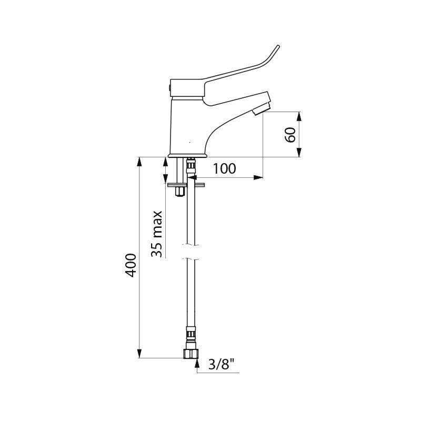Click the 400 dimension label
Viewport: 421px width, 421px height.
click(x=132, y=266)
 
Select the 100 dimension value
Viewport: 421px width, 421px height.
click(x=225, y=169)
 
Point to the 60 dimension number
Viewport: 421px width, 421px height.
click(x=289, y=135)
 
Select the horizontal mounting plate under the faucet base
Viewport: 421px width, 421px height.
click(x=187, y=185)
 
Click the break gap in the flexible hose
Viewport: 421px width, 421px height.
click(x=191, y=252)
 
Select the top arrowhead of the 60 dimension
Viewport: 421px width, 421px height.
click(x=299, y=115)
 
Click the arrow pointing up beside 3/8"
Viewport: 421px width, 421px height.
click(x=197, y=363)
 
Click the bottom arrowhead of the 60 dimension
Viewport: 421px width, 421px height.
click(x=299, y=153)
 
